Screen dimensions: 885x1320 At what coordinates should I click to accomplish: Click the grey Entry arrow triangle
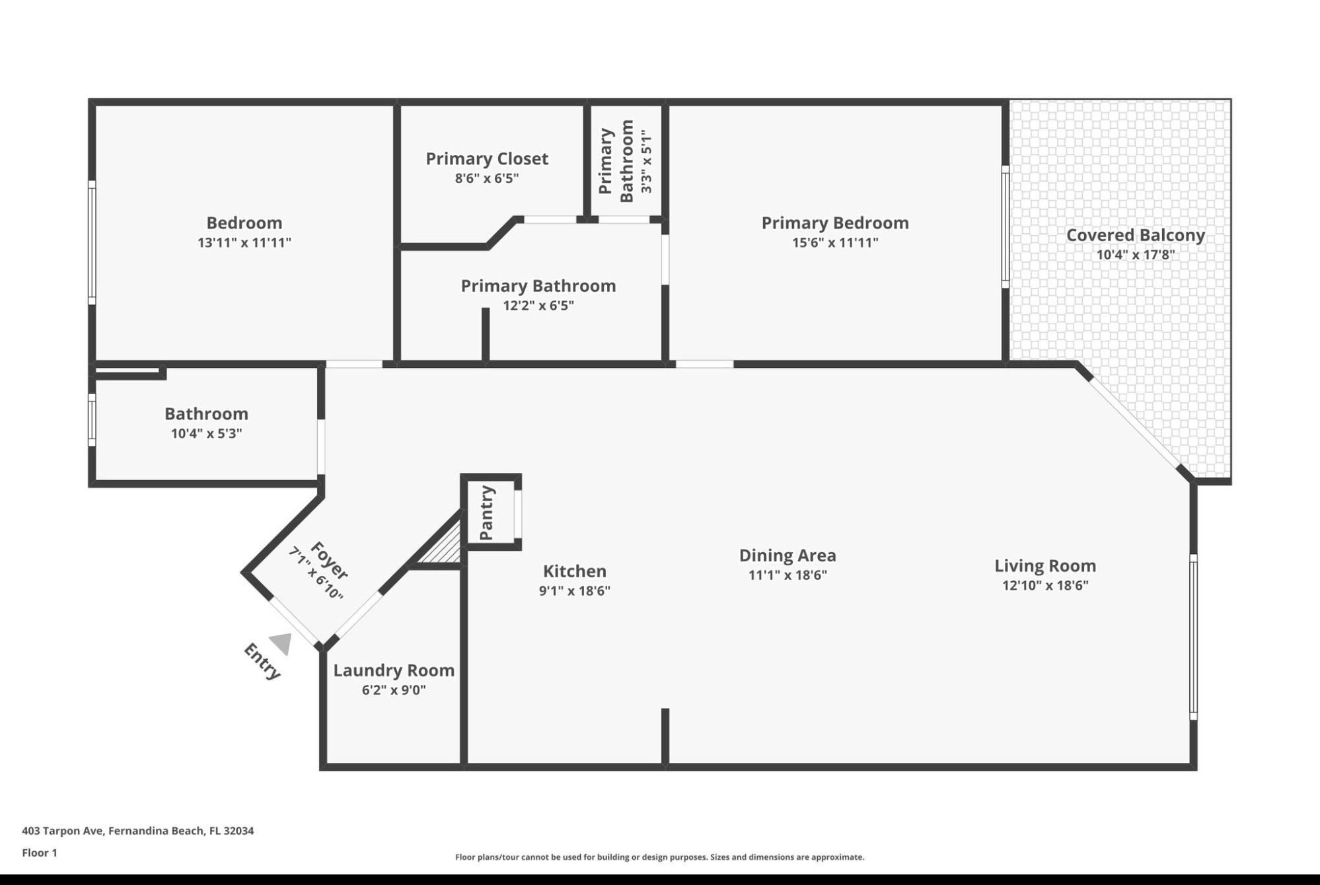(282, 643)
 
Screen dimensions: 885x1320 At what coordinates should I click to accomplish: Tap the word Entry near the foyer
(262, 660)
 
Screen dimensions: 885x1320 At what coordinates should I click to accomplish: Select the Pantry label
(487, 513)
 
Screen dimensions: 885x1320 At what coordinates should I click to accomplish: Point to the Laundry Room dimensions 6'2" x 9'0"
(394, 690)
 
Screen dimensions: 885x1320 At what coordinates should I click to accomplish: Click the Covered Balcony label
(1135, 235)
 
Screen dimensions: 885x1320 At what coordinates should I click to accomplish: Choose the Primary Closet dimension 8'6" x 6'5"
(487, 178)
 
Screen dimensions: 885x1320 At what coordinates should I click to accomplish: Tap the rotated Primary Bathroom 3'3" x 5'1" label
(626, 160)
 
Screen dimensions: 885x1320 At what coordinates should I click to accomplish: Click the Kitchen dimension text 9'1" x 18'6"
(574, 590)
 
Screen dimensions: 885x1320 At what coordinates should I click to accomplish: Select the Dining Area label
(787, 555)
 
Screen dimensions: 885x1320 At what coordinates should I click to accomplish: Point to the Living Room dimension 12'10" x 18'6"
(1045, 585)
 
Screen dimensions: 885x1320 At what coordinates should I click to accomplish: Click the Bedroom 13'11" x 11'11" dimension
(244, 242)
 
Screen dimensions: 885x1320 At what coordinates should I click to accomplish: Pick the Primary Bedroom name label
(834, 223)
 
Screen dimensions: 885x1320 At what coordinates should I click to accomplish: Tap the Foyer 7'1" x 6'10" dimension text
(316, 573)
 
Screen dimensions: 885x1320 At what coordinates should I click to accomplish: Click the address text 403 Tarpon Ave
(63, 831)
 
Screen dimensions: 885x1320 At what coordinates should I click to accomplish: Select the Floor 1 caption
(40, 853)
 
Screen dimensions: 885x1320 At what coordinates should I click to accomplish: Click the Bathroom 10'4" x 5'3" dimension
(206, 433)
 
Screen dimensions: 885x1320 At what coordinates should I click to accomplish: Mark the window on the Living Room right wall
(1193, 637)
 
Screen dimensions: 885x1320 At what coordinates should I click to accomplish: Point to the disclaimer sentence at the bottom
(659, 857)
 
